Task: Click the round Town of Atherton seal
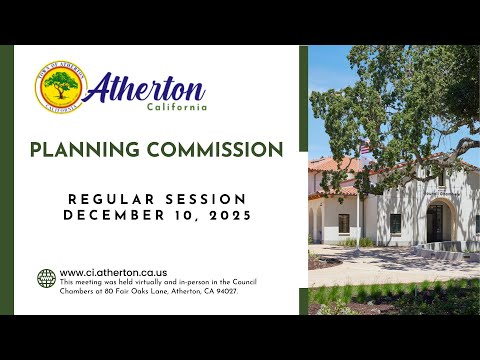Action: click(61, 87)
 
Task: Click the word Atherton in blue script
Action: click(146, 88)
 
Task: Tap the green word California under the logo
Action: click(177, 107)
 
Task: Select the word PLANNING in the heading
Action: click(85, 149)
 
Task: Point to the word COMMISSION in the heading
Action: click(215, 149)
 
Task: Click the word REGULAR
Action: click(111, 199)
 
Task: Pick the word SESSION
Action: click(206, 199)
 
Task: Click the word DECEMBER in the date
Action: click(114, 215)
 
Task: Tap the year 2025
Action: click(230, 216)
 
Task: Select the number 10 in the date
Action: click(185, 216)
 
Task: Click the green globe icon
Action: click(46, 278)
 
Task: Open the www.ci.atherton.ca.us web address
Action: click(113, 273)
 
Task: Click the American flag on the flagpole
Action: click(365, 148)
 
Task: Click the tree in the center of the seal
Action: click(61, 85)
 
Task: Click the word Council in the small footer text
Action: click(244, 282)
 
